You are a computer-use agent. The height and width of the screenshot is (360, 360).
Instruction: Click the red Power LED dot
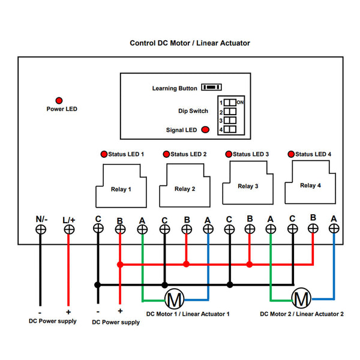pyautogui.click(x=59, y=101)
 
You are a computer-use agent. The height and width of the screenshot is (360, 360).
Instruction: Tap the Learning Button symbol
pyautogui.click(x=211, y=87)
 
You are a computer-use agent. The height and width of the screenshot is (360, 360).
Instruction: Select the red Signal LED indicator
pyautogui.click(x=205, y=130)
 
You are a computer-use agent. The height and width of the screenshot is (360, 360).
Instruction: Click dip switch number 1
pyautogui.click(x=230, y=103)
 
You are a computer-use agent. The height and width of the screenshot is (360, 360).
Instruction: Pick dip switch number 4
pyautogui.click(x=230, y=129)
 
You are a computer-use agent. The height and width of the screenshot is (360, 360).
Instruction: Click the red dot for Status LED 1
pyautogui.click(x=104, y=154)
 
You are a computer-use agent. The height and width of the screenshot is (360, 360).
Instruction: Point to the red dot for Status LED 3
pyautogui.click(x=229, y=154)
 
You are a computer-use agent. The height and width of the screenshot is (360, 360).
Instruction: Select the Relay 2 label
pyautogui.click(x=185, y=189)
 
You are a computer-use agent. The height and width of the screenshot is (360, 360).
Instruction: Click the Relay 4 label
pyautogui.click(x=310, y=185)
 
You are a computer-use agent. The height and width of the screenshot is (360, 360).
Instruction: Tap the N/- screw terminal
pyautogui.click(x=41, y=230)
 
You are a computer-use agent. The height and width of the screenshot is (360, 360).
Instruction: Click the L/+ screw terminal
pyautogui.click(x=69, y=230)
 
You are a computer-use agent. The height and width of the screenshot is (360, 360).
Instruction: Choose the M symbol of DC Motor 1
pyautogui.click(x=175, y=299)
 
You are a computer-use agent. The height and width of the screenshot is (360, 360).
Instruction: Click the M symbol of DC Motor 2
pyautogui.click(x=301, y=298)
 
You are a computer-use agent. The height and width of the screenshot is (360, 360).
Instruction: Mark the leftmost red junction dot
pyautogui.click(x=120, y=265)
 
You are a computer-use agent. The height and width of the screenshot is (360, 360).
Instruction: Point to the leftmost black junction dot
pyautogui.click(x=98, y=285)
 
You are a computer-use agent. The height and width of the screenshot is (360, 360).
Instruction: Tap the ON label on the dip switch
pyautogui.click(x=240, y=103)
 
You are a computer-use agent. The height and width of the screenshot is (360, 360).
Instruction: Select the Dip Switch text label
pyautogui.click(x=193, y=111)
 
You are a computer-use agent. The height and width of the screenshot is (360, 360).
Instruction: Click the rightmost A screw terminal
pyautogui.click(x=334, y=229)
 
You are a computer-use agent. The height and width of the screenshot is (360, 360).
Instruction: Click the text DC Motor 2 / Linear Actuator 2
pyautogui.click(x=302, y=314)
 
